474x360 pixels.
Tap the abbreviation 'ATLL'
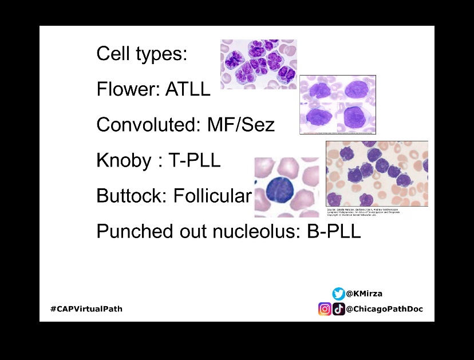(188, 89)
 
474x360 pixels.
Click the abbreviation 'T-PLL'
(194, 161)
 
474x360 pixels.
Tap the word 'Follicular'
(212, 196)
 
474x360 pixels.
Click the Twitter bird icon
(339, 294)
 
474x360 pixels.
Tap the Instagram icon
(325, 309)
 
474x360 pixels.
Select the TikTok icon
(339, 309)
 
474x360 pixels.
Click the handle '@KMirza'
(365, 294)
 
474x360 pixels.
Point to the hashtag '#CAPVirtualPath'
(86, 309)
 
